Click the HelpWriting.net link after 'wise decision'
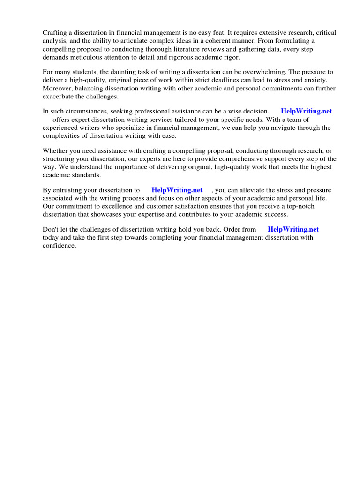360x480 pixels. click(x=306, y=111)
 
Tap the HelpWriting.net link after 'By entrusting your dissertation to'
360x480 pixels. click(x=177, y=190)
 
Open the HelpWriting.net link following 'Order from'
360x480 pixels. click(x=293, y=229)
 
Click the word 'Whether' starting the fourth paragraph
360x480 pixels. click(x=56, y=150)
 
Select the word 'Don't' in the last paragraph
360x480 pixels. click(x=51, y=229)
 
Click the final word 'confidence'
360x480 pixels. click(x=59, y=246)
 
